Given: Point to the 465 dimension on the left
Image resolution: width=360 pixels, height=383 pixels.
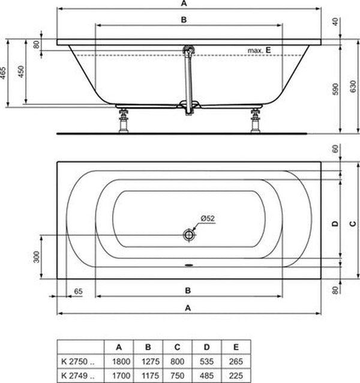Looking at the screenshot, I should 5,73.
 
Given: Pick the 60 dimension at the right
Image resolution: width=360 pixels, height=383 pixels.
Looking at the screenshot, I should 335,149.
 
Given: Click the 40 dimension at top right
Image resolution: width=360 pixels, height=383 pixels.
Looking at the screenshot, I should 335,21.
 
